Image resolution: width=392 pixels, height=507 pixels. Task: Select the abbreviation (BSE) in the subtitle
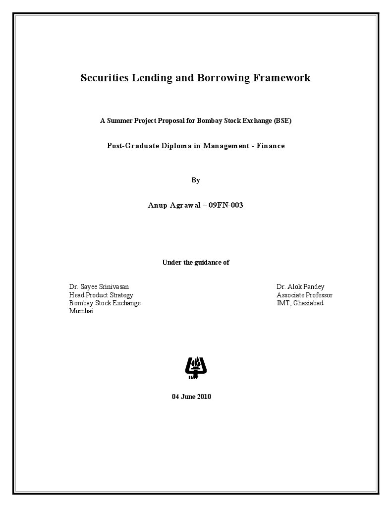(x=282, y=120)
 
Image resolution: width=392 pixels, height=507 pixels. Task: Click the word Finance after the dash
(x=271, y=146)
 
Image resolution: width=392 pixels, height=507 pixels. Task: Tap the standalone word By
(x=196, y=180)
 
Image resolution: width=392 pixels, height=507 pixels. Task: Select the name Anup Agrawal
(x=174, y=205)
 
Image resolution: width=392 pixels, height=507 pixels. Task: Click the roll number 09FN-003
(x=226, y=205)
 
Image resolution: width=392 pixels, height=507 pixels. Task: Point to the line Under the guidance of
(x=196, y=262)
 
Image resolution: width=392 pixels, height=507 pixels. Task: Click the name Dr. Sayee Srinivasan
(x=99, y=287)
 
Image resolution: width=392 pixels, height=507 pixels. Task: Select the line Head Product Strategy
(x=101, y=295)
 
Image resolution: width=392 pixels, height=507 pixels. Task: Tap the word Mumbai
(x=81, y=311)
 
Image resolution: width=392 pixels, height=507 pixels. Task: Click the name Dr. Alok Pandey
(x=300, y=287)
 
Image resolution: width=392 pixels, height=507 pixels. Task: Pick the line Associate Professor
(x=304, y=295)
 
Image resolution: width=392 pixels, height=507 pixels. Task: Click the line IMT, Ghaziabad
(x=300, y=303)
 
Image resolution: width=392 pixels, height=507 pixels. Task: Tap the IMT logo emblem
(x=196, y=368)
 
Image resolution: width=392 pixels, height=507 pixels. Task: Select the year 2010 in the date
(x=204, y=396)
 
